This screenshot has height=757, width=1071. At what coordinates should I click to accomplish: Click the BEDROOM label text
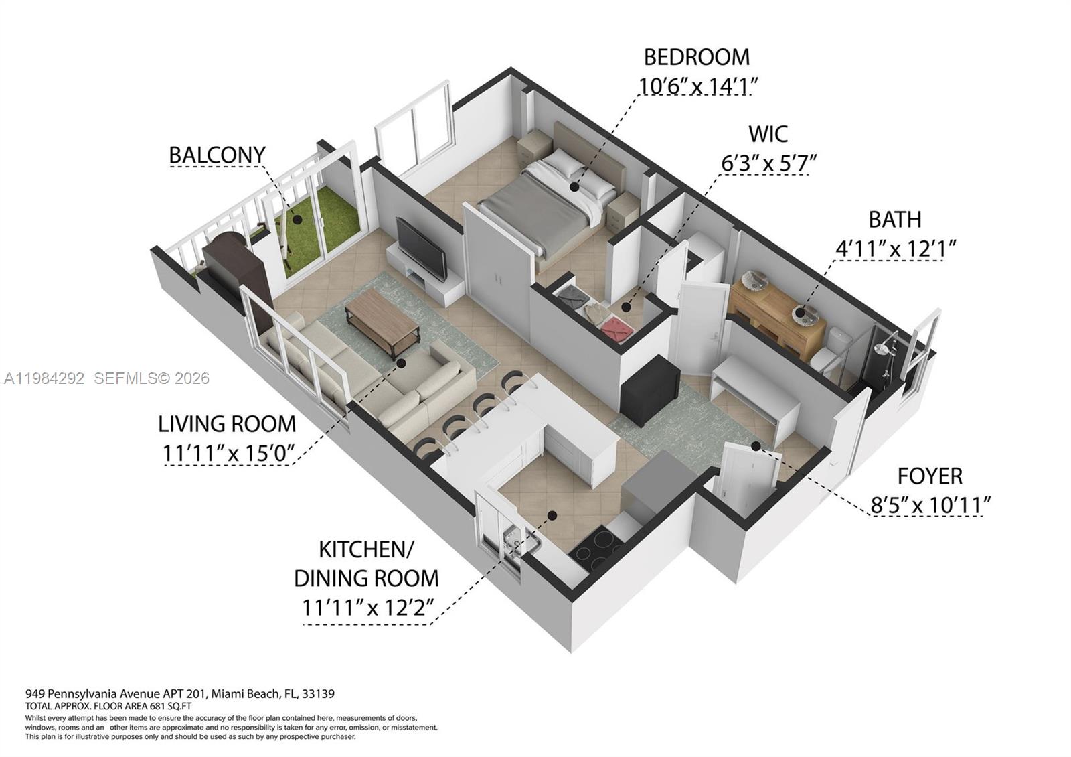(x=696, y=57)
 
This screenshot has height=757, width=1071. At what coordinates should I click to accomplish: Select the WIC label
(x=768, y=134)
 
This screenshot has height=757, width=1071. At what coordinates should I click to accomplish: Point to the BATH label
(x=894, y=220)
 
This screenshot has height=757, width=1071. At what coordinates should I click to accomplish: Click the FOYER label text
(x=930, y=476)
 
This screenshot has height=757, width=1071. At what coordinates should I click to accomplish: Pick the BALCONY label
(x=217, y=155)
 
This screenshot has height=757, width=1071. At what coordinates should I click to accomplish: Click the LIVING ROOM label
(x=226, y=424)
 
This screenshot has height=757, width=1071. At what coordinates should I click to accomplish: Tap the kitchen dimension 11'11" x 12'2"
(x=367, y=608)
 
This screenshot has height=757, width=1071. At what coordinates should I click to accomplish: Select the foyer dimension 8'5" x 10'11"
(x=930, y=505)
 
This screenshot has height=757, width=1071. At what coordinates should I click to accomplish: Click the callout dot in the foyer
(x=755, y=445)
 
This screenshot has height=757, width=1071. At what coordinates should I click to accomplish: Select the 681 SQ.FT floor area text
(x=171, y=706)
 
